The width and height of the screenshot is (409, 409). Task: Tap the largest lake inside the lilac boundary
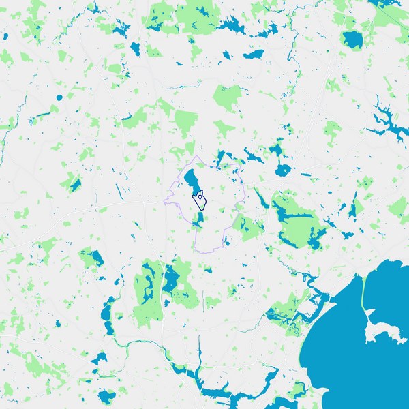(x=192, y=181)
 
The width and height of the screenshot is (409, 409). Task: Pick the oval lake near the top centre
(x=253, y=54)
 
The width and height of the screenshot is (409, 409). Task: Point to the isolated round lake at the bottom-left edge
(x=106, y=396)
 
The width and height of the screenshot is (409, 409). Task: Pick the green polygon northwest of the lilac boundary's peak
(x=185, y=121)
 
